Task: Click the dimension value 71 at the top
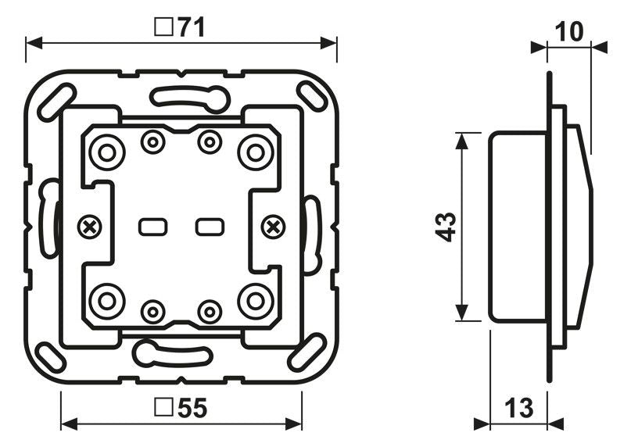coord(191,28)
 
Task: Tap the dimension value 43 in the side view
coord(446,227)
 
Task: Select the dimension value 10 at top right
coord(572,32)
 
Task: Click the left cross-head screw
coord(90,227)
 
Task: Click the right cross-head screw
coord(273,227)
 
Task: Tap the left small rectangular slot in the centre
coord(152,227)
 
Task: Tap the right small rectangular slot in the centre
coord(209,227)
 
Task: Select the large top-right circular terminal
coord(255,152)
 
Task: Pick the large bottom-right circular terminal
coord(255,300)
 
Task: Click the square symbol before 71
coord(163,28)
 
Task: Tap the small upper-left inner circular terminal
coord(152,142)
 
